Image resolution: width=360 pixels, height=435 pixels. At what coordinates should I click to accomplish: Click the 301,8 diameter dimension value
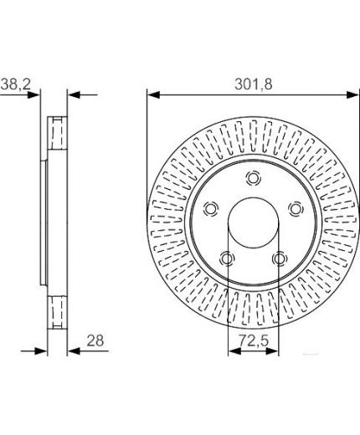(253, 84)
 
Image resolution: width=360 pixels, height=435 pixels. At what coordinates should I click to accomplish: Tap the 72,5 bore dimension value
(254, 340)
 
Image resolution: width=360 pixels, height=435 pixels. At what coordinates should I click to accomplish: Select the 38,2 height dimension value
(15, 84)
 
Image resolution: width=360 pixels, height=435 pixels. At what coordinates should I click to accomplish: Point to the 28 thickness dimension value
(95, 340)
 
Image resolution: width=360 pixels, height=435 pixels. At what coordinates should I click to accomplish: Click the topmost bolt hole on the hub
(254, 178)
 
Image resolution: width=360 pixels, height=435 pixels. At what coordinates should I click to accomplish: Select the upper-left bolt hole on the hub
(211, 208)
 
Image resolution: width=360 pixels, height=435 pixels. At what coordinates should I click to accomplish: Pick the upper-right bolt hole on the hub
(296, 208)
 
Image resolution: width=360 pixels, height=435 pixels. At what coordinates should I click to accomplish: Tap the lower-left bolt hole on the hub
(227, 258)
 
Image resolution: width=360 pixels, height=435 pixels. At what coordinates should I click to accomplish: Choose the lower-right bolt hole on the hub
(280, 258)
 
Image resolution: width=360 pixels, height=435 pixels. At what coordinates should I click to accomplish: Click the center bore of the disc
(254, 223)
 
